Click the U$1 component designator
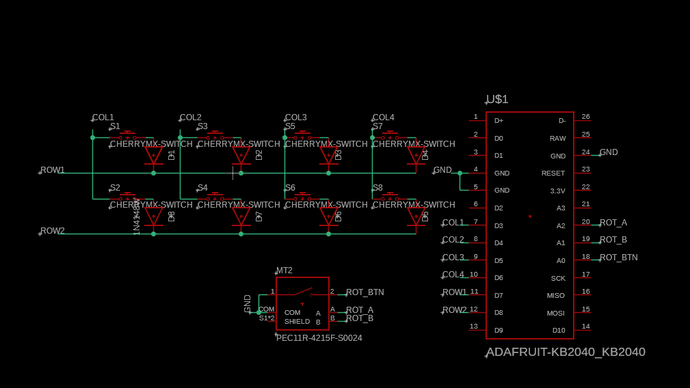[497, 100]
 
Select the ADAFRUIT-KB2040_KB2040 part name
[566, 352]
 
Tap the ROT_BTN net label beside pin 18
[618, 258]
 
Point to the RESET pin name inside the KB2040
[553, 174]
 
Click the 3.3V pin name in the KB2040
[557, 191]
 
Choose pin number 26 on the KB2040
[585, 117]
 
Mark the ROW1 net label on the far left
[52, 170]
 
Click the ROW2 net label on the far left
[52, 231]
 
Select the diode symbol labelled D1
[153, 156]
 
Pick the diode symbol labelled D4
[416, 156]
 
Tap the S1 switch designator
[115, 126]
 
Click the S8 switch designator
[377, 187]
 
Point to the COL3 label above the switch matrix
[295, 117]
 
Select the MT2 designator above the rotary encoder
[284, 271]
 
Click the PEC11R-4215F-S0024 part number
[319, 338]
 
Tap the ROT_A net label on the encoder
[360, 309]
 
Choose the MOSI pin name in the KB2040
[555, 313]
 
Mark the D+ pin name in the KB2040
[499, 121]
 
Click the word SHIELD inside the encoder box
[297, 321]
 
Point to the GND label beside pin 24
[609, 152]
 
